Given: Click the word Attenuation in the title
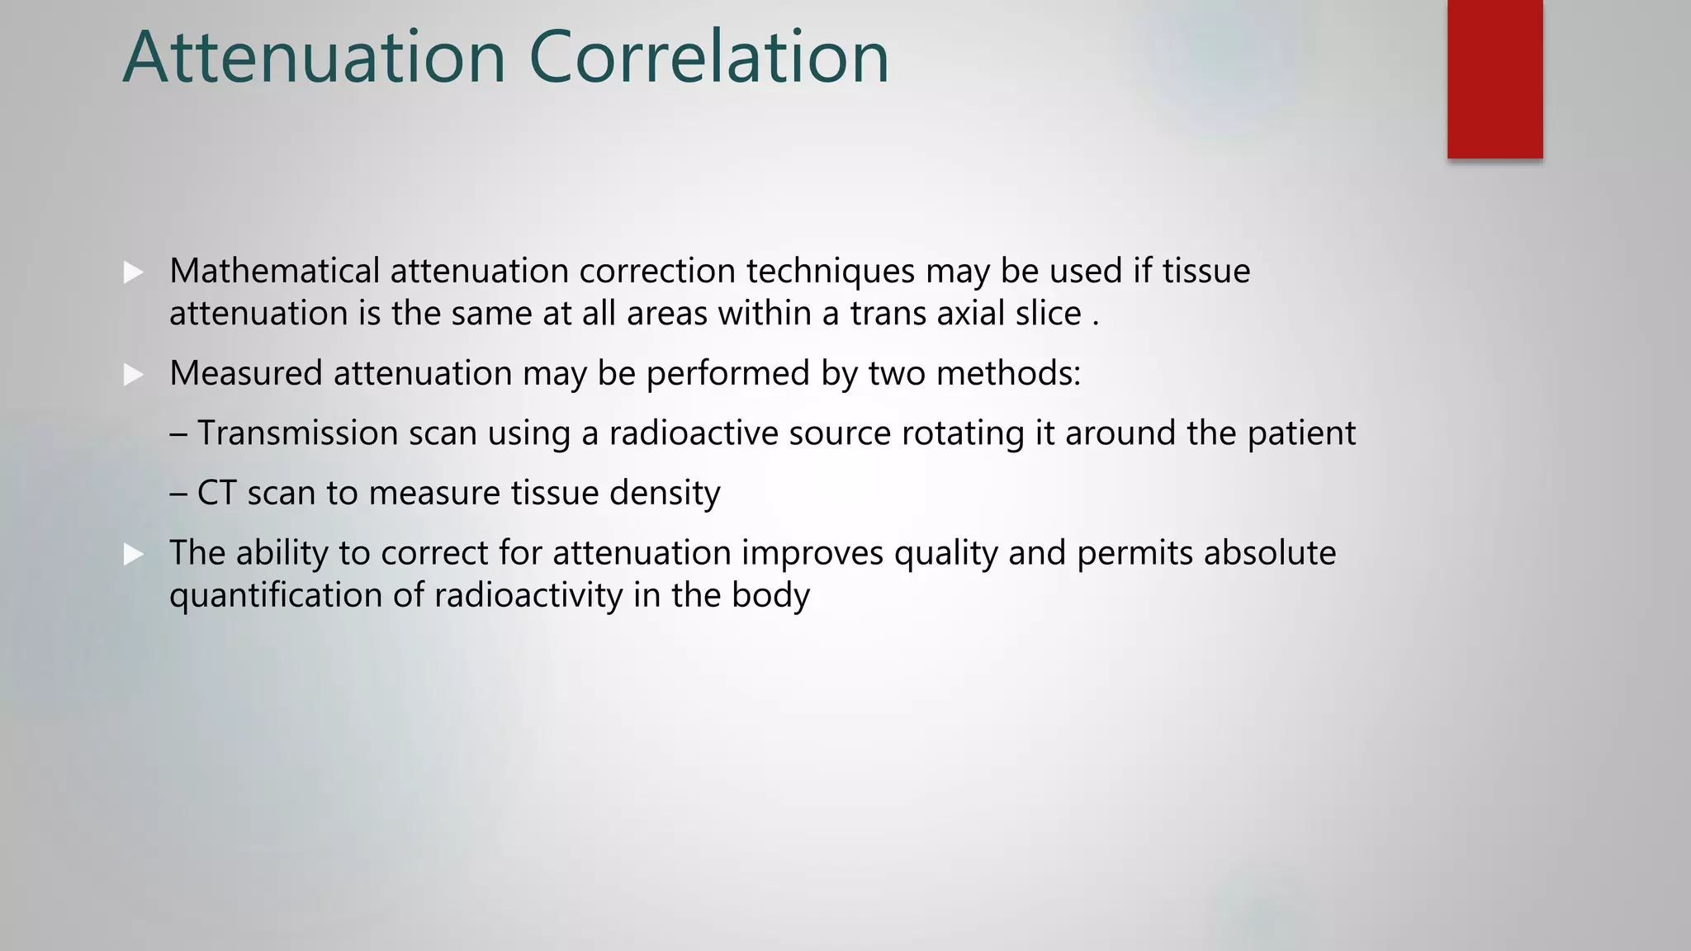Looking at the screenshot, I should click(314, 57).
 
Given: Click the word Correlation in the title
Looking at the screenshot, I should click(708, 57).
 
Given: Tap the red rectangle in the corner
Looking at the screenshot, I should click(1494, 79).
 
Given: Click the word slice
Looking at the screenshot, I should click(1048, 314).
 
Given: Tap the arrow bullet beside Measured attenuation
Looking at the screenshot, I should click(134, 375).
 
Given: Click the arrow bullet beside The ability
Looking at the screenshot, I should click(134, 554).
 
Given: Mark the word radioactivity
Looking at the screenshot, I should click(528, 596).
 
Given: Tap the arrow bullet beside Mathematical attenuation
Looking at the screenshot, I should click(134, 272).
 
